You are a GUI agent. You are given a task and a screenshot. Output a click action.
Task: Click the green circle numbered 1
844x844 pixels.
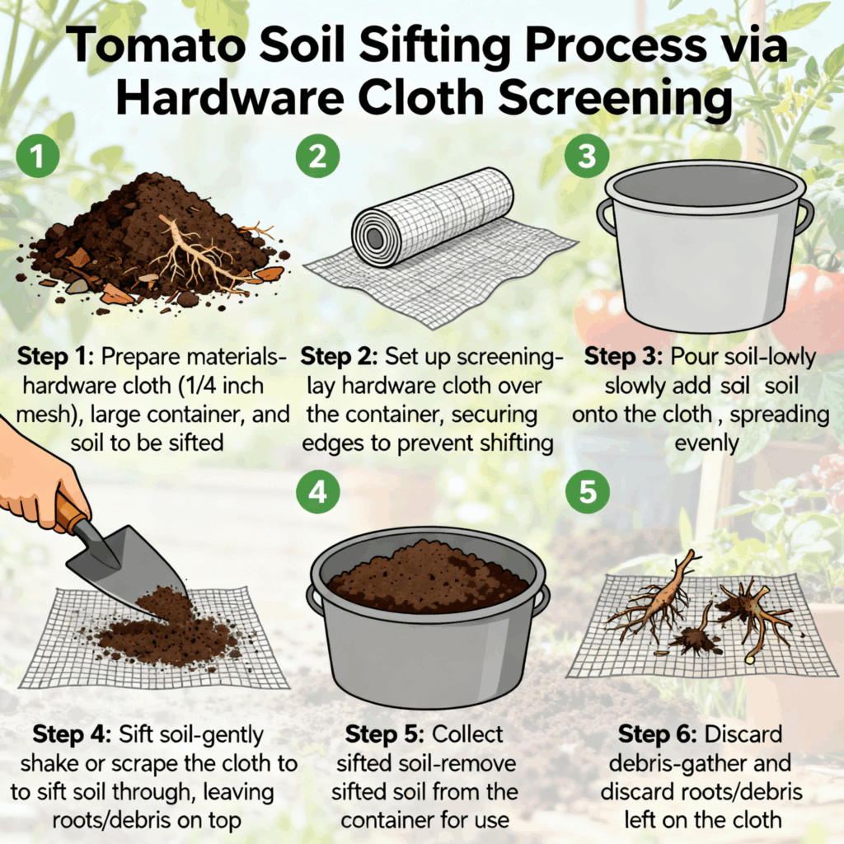35,157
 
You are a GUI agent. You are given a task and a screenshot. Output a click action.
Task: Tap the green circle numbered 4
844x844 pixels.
316,494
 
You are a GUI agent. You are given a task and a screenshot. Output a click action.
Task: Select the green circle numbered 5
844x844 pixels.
587,494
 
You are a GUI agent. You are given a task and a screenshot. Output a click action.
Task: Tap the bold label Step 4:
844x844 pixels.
73,734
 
